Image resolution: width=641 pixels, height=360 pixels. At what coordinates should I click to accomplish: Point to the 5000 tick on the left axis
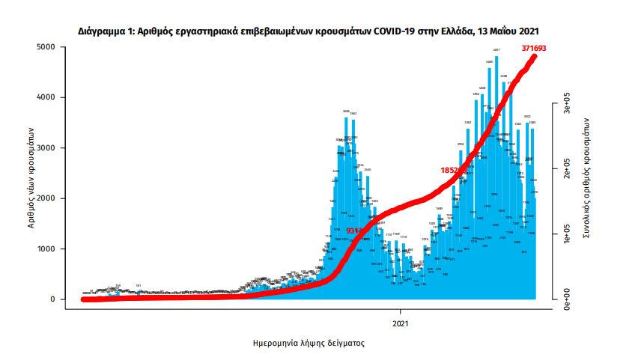click(46, 47)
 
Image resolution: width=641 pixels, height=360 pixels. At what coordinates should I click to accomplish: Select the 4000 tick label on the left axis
click(46, 97)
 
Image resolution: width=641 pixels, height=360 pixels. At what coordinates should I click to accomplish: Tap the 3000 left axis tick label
click(46, 148)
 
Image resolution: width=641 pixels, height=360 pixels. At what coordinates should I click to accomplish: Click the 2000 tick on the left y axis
click(46, 198)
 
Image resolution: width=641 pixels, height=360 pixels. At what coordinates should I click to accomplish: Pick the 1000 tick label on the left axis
click(46, 248)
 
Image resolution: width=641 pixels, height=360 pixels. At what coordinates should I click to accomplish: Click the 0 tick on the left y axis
click(53, 299)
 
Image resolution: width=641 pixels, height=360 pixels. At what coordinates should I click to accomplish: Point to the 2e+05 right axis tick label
click(568, 171)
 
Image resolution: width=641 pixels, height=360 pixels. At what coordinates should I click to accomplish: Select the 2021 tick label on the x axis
click(401, 323)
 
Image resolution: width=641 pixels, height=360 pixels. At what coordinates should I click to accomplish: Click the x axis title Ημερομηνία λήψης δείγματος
click(309, 344)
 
